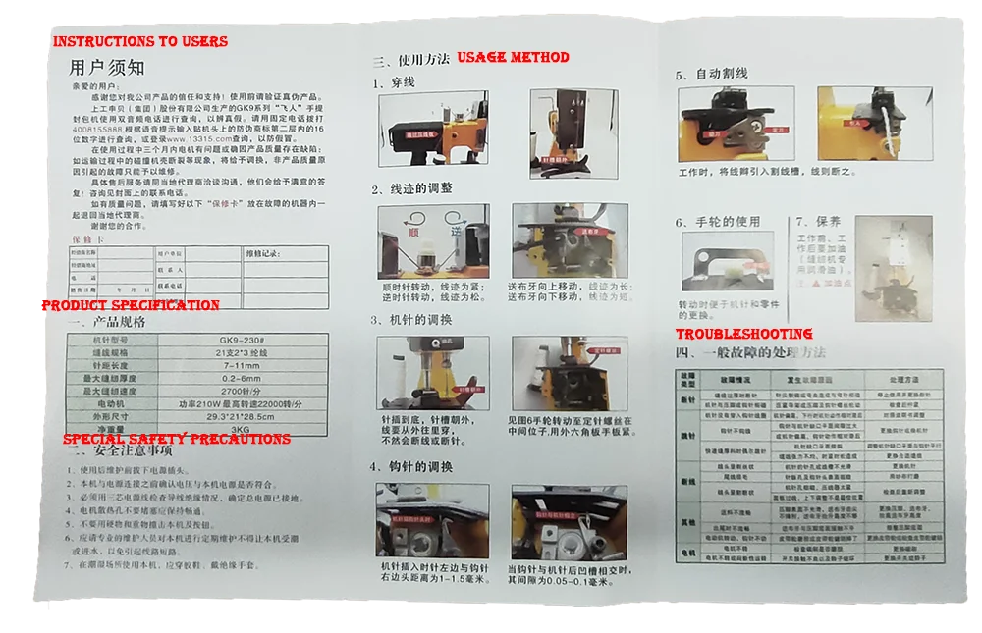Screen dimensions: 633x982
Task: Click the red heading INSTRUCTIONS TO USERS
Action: pyautogui.click(x=139, y=42)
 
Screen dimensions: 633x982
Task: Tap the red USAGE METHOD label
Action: pyautogui.click(x=513, y=58)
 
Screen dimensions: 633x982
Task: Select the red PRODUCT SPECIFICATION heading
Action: pyautogui.click(x=130, y=305)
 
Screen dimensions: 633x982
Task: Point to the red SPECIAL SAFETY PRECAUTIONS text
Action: pyautogui.click(x=177, y=439)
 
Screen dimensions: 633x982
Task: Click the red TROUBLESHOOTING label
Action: pyautogui.click(x=743, y=335)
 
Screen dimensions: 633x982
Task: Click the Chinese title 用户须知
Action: pyautogui.click(x=107, y=68)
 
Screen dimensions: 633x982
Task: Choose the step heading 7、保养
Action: pyautogui.click(x=819, y=222)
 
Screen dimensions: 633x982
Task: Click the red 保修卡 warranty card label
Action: pyautogui.click(x=86, y=239)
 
